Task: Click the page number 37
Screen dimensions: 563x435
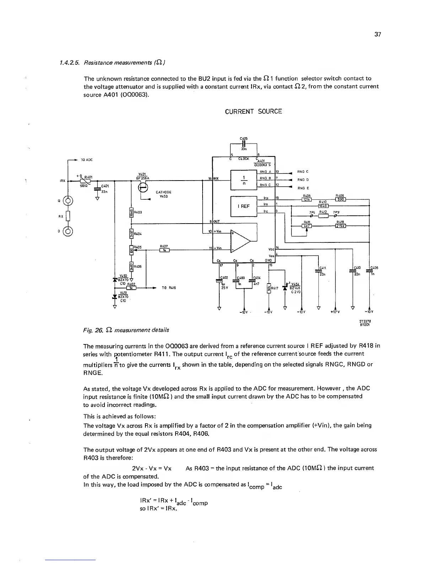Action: tap(377, 34)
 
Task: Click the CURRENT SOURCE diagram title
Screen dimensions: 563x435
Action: tap(253, 112)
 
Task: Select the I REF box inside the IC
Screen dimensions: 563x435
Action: tap(243, 206)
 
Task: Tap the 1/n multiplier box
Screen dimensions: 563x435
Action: tap(243, 180)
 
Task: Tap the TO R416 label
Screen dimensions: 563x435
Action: tap(168, 288)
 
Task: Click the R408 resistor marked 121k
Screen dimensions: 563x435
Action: tap(307, 199)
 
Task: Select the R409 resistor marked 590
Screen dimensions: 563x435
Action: tap(340, 199)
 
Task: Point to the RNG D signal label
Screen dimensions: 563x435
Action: tap(303, 180)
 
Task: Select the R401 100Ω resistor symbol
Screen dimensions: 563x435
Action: tap(86, 181)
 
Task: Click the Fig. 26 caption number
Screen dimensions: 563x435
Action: tap(89, 330)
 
